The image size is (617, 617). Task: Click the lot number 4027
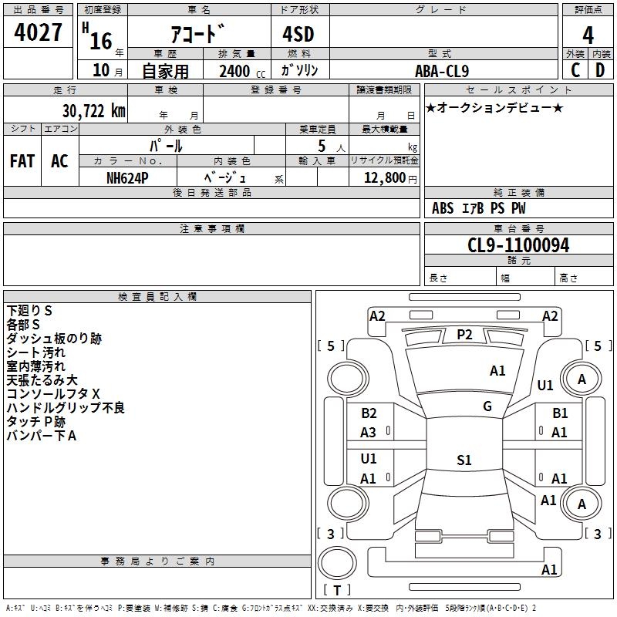(x=39, y=33)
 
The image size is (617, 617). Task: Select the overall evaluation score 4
(x=588, y=35)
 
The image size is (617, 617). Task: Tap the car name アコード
(x=197, y=35)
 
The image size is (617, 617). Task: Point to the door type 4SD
(x=297, y=35)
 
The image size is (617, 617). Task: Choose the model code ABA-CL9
(x=441, y=71)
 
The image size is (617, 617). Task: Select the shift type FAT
(x=22, y=161)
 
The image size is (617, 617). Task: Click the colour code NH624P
(x=127, y=177)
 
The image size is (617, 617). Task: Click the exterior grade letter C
(x=575, y=70)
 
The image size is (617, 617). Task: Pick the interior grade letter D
(x=601, y=70)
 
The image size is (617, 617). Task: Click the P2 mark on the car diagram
(x=464, y=334)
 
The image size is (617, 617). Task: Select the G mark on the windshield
(x=487, y=406)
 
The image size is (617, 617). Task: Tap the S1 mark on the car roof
(x=464, y=460)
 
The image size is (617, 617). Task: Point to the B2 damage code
(x=369, y=413)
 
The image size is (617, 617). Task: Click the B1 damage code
(x=560, y=413)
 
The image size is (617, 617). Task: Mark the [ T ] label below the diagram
(x=337, y=590)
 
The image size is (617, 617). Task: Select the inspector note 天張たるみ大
(x=42, y=380)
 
